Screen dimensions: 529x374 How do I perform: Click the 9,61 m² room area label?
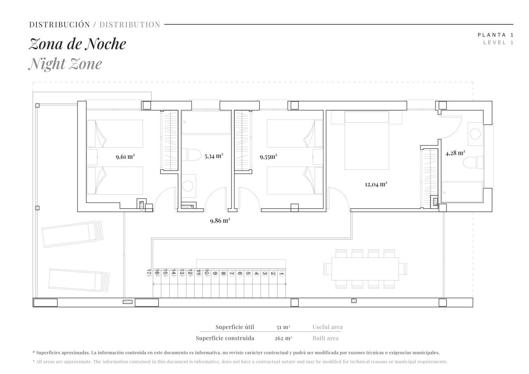click(125, 157)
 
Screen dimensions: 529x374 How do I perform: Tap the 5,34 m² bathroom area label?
click(214, 156)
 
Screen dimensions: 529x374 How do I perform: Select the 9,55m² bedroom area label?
click(268, 157)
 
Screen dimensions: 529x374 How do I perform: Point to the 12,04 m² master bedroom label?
click(376, 184)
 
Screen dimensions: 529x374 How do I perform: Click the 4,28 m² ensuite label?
click(455, 153)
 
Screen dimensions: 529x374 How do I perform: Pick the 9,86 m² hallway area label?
click(220, 220)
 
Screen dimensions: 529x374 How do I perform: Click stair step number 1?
click(281, 274)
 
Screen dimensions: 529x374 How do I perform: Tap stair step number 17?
click(149, 273)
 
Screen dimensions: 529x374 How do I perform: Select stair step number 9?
click(215, 274)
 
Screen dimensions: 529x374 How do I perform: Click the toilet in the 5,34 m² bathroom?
click(191, 155)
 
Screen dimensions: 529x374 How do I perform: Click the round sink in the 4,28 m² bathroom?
click(475, 134)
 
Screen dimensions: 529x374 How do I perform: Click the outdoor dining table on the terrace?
click(365, 269)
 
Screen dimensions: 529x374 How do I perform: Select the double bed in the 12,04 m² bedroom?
click(366, 141)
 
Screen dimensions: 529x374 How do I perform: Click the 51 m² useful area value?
click(283, 327)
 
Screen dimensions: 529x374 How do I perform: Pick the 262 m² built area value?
click(283, 338)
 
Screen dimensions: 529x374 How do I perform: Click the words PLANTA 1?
click(495, 35)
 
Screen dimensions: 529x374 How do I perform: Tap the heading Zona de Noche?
click(77, 44)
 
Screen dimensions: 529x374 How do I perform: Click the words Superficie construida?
click(225, 338)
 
